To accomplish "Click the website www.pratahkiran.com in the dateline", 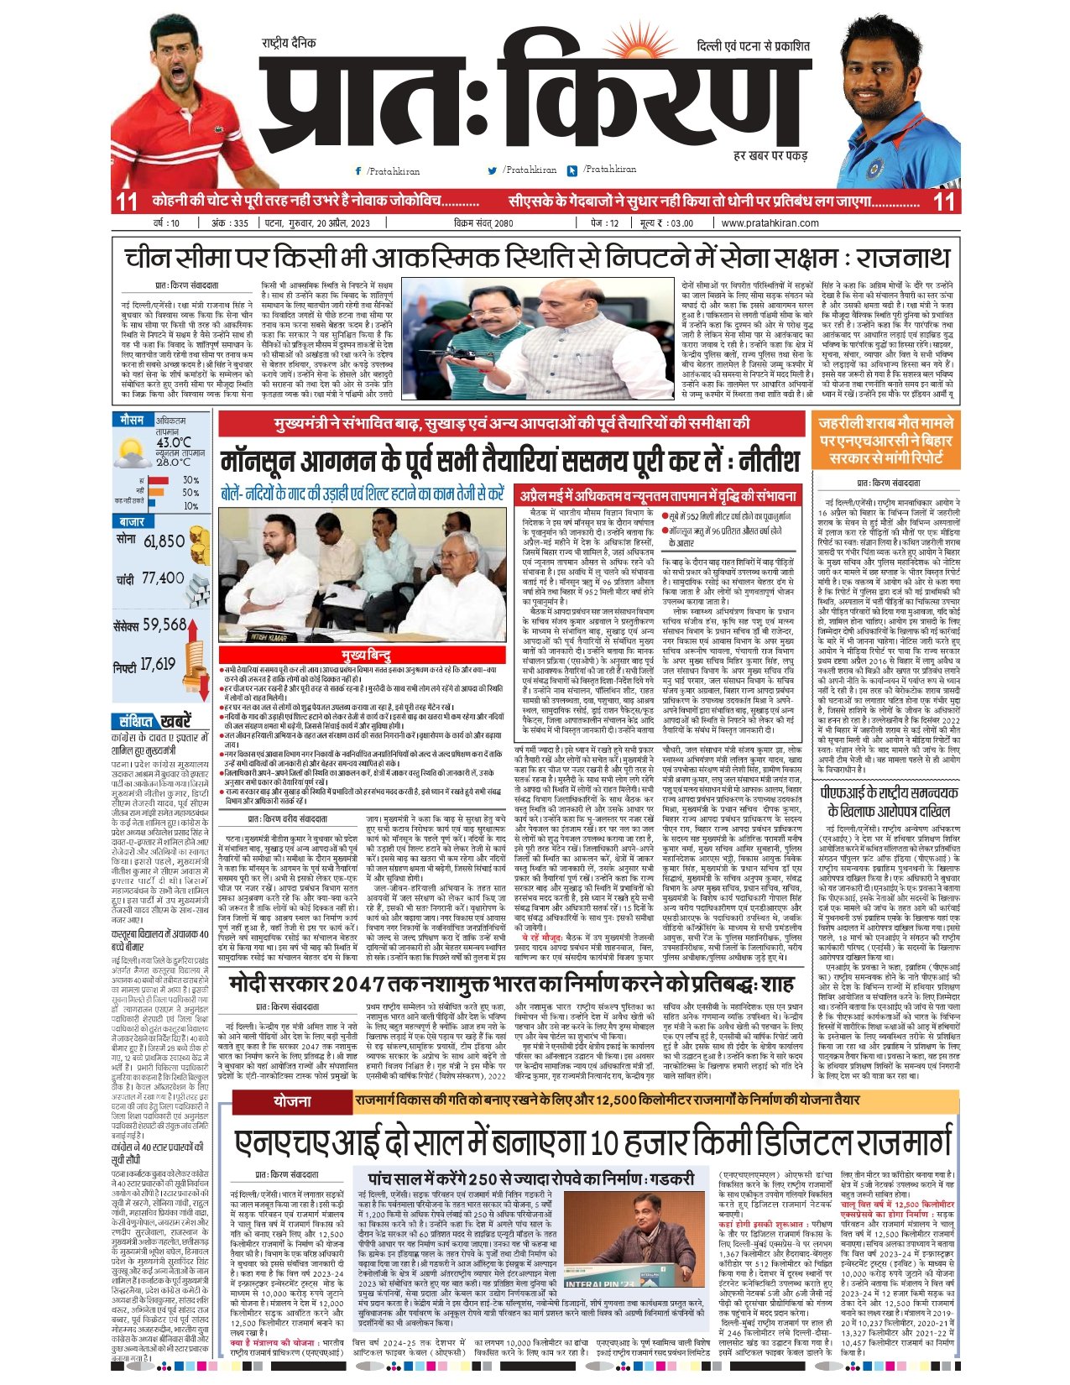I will pos(770,223).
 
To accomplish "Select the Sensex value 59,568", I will pos(164,625).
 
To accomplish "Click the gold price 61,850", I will pos(164,541).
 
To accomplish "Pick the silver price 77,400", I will pos(163,578).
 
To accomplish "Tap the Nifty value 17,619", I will pos(158,665).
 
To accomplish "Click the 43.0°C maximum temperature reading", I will pos(174,442).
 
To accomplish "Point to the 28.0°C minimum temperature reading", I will pos(174,462).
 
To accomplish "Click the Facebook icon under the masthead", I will pos(358,171).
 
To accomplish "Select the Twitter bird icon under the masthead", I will pos(493,170).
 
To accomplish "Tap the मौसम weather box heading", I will pos(132,420).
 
